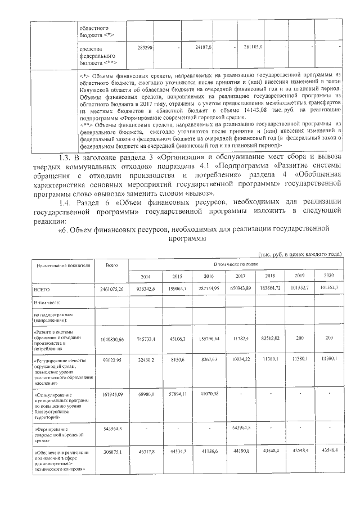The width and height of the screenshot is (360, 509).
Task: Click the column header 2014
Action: (x=146, y=276)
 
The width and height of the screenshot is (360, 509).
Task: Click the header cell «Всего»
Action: (x=112, y=264)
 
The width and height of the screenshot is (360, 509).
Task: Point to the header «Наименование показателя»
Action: (x=56, y=264)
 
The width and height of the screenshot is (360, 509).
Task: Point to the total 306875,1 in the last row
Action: (x=112, y=453)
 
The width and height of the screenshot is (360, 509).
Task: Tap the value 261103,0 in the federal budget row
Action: (x=249, y=48)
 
